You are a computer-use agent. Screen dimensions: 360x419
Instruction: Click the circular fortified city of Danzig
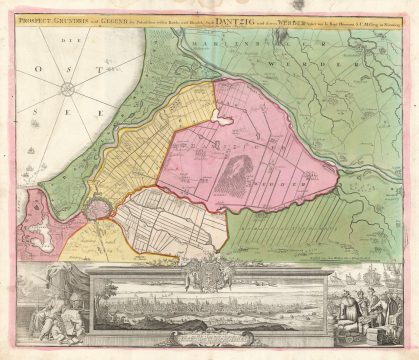coord(97,207)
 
